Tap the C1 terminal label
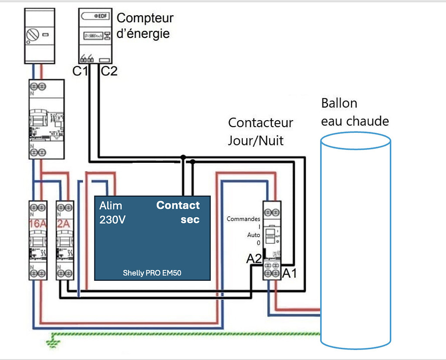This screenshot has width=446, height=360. click(x=80, y=71)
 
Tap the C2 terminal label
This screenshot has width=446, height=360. click(x=109, y=71)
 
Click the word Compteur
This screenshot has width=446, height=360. click(x=145, y=18)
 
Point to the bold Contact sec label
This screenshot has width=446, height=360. click(x=178, y=212)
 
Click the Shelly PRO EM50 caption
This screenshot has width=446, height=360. click(x=152, y=273)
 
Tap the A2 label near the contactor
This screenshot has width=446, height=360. click(x=254, y=259)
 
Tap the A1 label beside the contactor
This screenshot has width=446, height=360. click(x=290, y=273)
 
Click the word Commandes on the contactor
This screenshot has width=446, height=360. click(x=243, y=219)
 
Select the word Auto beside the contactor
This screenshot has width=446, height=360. click(x=253, y=235)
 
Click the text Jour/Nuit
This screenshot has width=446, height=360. click(x=256, y=140)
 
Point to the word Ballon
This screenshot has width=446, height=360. click(x=339, y=104)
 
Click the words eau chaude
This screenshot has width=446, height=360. click(x=355, y=121)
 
